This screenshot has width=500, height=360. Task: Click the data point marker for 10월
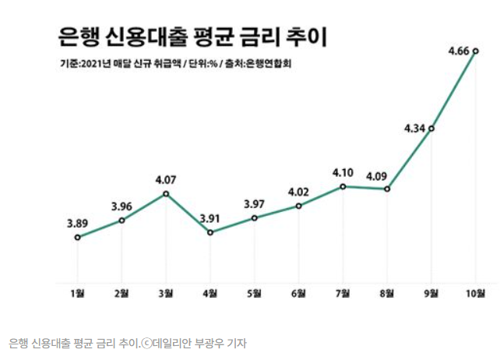(475, 52)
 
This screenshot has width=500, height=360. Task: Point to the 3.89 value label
(77, 223)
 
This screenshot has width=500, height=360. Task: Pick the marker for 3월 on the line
(166, 193)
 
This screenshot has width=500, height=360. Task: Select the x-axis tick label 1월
(77, 294)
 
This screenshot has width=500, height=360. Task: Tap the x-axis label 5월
(254, 294)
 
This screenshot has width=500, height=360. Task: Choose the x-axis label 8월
(387, 294)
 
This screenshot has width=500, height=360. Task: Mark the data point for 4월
(210, 232)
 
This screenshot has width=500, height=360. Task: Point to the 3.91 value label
(210, 217)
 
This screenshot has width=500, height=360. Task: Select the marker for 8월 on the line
(387, 189)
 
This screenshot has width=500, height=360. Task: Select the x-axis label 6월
(298, 294)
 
